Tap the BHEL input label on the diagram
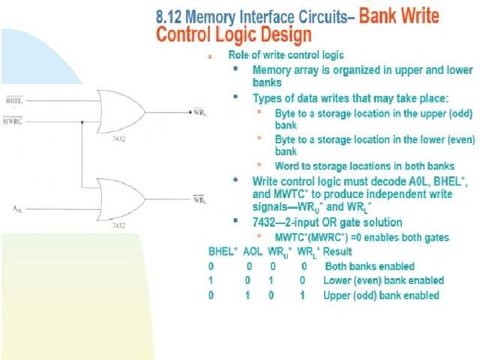click(x=13, y=101)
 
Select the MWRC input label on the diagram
click(x=13, y=121)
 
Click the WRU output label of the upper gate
click(x=199, y=112)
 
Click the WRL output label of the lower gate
click(x=199, y=198)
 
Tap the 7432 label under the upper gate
click(x=118, y=140)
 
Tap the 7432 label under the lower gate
click(x=118, y=227)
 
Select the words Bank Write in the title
click(x=399, y=15)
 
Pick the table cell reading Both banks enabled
click(x=369, y=266)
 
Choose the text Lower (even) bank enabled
click(x=383, y=281)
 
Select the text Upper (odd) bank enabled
click(x=381, y=295)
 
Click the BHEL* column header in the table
click(x=221, y=251)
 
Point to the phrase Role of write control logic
click(x=286, y=55)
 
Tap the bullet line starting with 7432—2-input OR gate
click(x=327, y=222)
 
